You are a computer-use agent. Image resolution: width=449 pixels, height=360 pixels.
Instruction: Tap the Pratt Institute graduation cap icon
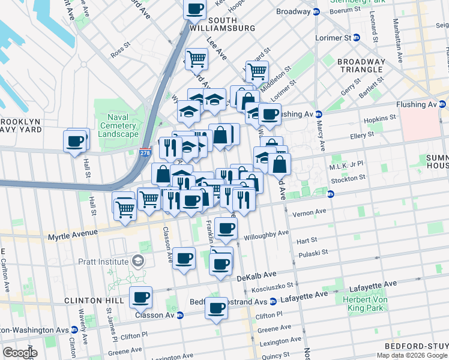[x=139, y=261]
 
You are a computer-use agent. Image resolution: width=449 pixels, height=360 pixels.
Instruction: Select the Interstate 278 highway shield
[x=145, y=154]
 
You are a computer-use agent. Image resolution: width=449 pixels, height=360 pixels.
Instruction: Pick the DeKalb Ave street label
[x=255, y=278]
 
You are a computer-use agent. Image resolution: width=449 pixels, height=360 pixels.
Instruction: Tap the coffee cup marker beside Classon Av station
[x=140, y=296]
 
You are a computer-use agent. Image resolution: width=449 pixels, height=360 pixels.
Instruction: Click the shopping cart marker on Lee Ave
[x=196, y=59]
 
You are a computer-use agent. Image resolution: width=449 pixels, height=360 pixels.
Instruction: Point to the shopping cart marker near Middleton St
[x=257, y=71]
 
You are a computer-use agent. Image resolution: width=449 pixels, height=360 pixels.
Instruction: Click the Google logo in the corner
[x=20, y=353]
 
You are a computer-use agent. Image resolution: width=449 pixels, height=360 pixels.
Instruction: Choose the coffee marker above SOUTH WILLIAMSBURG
[x=194, y=9]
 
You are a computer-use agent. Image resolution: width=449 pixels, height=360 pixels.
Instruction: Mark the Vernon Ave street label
[x=309, y=212]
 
